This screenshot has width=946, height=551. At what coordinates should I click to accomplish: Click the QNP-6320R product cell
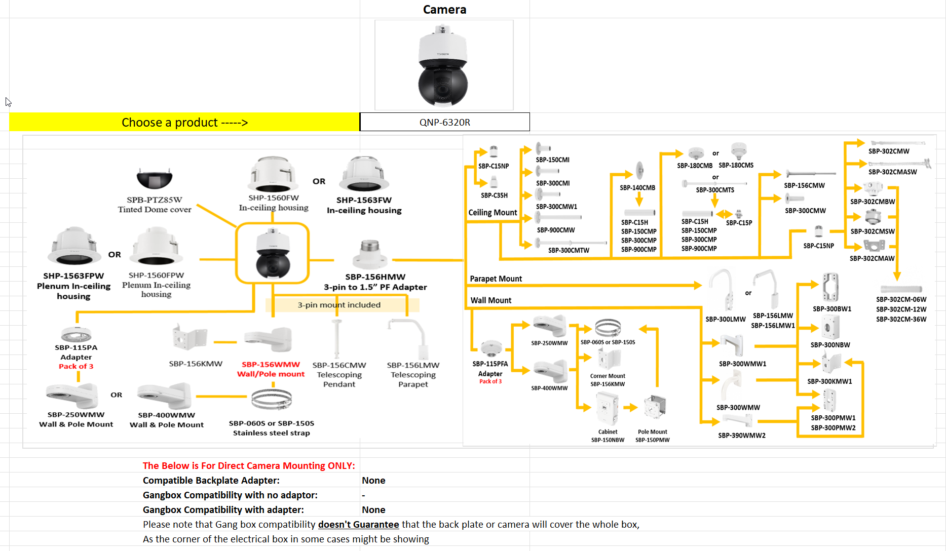(x=444, y=122)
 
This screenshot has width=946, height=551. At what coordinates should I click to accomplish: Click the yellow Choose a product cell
(x=184, y=122)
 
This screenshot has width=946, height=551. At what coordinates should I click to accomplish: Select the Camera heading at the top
(x=444, y=10)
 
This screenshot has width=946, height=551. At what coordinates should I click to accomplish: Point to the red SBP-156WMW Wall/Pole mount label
(x=271, y=369)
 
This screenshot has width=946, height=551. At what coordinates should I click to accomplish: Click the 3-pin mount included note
(x=339, y=305)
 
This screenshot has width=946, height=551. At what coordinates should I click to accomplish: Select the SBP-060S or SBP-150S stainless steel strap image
(x=272, y=400)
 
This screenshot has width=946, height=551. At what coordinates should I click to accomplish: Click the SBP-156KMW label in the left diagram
(x=196, y=364)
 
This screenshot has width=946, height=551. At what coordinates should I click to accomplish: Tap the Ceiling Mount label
(x=493, y=213)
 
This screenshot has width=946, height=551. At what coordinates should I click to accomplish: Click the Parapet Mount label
(x=496, y=279)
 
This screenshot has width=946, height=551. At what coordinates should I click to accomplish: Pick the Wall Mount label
(x=490, y=300)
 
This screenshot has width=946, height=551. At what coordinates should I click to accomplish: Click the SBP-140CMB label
(x=637, y=188)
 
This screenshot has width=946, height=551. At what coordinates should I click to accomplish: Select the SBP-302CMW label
(x=889, y=151)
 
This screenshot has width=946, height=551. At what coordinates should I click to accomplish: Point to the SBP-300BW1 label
(x=832, y=309)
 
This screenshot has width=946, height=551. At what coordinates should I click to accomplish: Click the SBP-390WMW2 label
(x=741, y=436)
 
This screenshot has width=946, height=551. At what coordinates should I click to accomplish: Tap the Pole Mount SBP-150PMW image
(x=654, y=408)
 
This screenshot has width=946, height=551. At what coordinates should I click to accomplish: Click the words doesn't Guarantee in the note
(x=358, y=525)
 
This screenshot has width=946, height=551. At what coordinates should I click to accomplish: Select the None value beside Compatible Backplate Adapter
(x=373, y=481)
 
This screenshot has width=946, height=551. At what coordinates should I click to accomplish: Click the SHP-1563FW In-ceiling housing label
(x=364, y=205)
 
